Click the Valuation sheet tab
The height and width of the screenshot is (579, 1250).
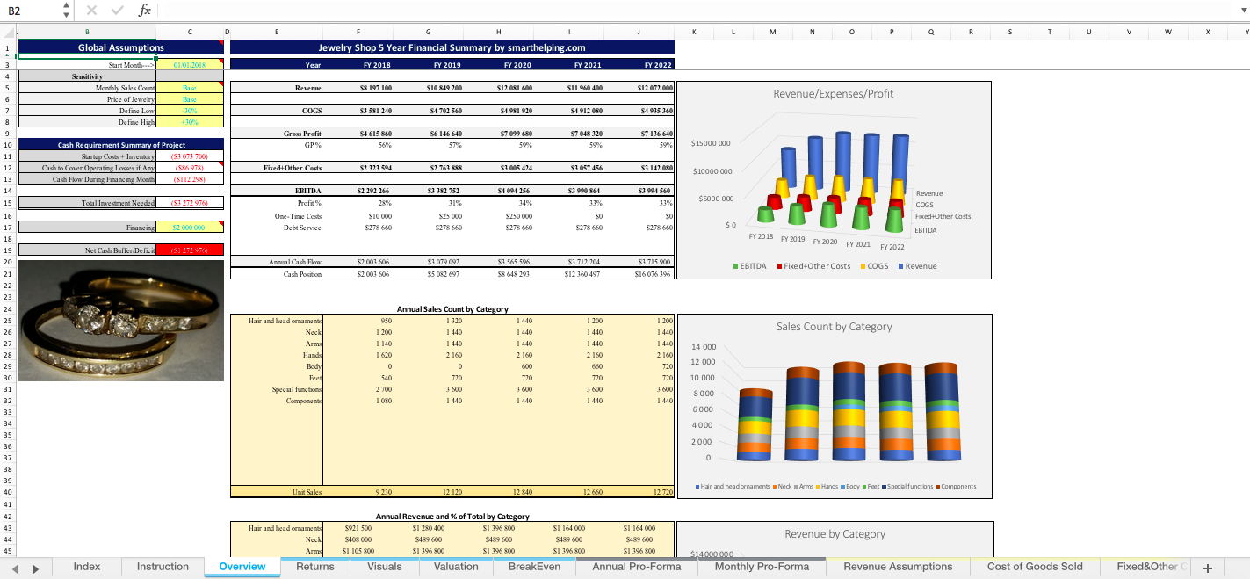(x=456, y=567)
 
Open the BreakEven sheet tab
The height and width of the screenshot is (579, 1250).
(x=534, y=567)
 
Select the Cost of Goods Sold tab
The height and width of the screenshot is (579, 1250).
(x=1034, y=567)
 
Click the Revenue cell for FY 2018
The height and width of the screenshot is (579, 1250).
(x=375, y=89)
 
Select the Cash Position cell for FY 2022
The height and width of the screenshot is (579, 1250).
(x=654, y=274)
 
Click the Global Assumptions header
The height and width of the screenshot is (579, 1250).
(x=120, y=47)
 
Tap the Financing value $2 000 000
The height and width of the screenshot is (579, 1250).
(x=190, y=228)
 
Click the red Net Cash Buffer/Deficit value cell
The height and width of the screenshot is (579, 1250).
(x=190, y=250)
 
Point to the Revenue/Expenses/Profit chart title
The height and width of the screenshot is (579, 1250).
(x=833, y=94)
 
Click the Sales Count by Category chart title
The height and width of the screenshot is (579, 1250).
(x=834, y=327)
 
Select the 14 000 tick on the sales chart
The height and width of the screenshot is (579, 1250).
(x=704, y=347)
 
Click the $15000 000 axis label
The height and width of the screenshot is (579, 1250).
(x=712, y=143)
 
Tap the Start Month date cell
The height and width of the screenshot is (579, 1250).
(x=190, y=65)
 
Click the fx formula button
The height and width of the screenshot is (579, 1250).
(x=144, y=11)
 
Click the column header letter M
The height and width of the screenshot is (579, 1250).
(x=772, y=32)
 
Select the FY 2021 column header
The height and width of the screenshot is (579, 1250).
(x=586, y=65)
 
